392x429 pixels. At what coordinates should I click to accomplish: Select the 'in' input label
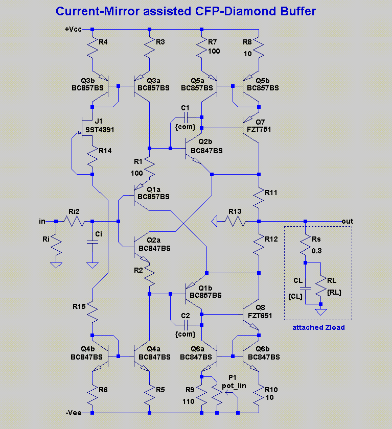click(42, 221)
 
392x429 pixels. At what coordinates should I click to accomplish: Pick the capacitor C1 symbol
click(186, 117)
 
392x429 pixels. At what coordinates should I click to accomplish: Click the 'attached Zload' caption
click(318, 327)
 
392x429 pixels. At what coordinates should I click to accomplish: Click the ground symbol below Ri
click(56, 265)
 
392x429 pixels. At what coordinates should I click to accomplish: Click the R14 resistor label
click(105, 151)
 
